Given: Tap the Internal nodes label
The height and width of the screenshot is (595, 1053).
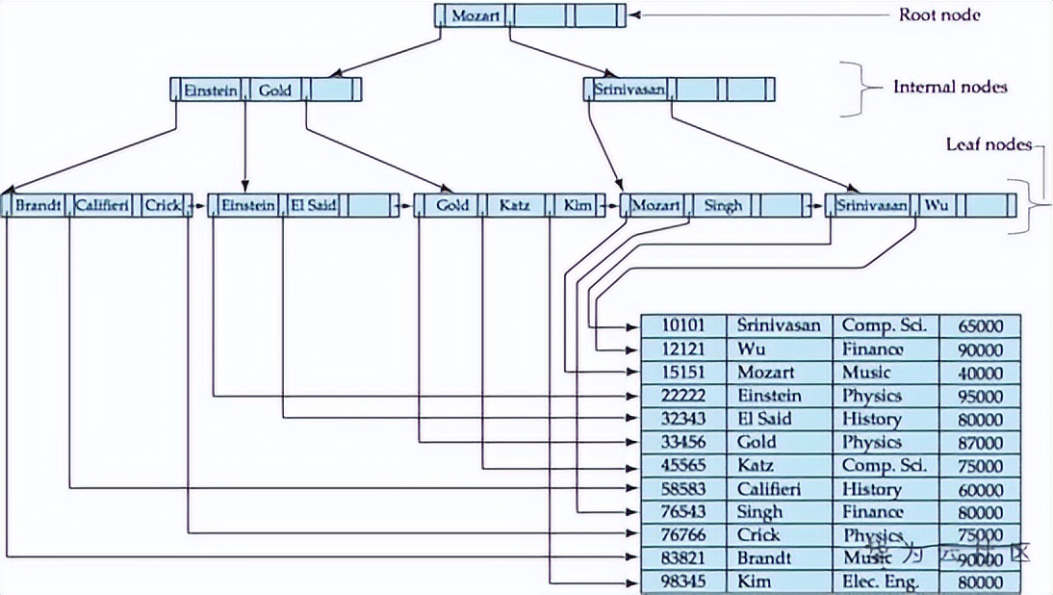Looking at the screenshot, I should point(949,87).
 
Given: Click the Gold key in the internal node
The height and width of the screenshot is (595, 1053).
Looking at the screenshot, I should point(275,91).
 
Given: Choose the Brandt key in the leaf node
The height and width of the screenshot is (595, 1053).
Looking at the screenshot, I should point(39,205).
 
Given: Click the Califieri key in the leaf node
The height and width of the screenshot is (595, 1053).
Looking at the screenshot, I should point(102,205).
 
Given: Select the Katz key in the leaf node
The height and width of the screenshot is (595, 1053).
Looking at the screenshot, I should point(514,205).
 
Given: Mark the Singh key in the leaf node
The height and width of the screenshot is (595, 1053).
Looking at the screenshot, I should point(723,205).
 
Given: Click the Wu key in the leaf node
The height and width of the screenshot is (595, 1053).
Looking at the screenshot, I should point(936,205).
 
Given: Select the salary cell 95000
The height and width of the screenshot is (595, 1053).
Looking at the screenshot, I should point(980,396).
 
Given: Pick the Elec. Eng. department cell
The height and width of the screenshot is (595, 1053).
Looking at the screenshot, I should point(881,582).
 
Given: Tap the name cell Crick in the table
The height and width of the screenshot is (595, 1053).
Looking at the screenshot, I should point(758,535).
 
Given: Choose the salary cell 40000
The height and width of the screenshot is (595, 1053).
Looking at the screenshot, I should point(980,373).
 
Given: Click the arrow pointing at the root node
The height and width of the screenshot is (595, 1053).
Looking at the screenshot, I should point(674,15).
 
